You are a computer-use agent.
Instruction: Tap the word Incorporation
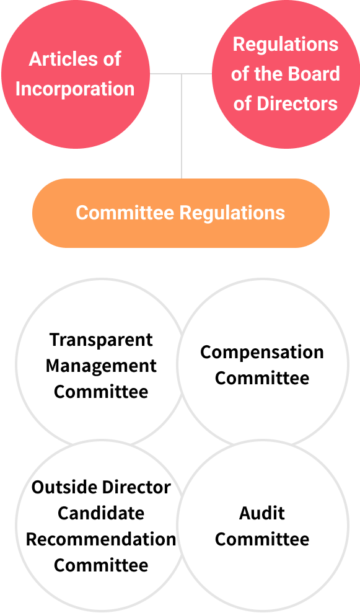click(x=75, y=89)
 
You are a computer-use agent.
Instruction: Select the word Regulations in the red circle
click(x=286, y=45)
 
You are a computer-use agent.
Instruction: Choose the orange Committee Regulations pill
click(x=181, y=213)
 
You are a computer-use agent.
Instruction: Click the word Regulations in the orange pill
click(x=232, y=213)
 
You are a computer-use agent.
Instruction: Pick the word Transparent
click(x=101, y=340)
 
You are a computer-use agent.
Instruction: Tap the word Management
click(x=101, y=366)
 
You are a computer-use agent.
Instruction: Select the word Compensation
click(x=262, y=353)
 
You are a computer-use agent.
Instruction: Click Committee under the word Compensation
click(x=262, y=378)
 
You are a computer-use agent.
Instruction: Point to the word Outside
click(x=64, y=488)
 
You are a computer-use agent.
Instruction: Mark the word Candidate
click(x=101, y=513)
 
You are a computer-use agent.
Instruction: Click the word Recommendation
click(x=101, y=539)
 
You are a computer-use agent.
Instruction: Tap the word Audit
click(x=262, y=513)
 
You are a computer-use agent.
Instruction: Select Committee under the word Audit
click(x=262, y=539)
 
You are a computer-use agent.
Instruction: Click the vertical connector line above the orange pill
click(x=182, y=126)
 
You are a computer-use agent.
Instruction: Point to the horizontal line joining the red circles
click(x=181, y=74)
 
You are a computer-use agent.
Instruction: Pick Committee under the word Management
click(x=101, y=392)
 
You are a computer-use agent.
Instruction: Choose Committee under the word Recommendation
click(x=101, y=565)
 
